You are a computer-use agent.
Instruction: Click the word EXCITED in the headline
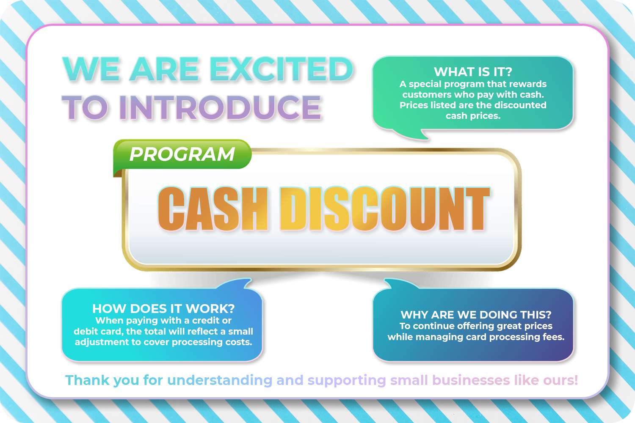coord(282,69)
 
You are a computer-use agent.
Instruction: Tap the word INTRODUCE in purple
coord(220,107)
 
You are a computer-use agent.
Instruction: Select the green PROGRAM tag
coord(182,154)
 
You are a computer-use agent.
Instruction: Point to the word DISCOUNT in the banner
coord(384,209)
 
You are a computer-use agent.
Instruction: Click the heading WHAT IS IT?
coord(473,72)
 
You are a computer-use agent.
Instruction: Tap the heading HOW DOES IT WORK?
coord(163,309)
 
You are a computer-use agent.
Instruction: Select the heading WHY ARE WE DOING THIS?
coord(476,315)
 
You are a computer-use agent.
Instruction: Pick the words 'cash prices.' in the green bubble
coord(473,116)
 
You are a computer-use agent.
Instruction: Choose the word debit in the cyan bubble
coord(87,332)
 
